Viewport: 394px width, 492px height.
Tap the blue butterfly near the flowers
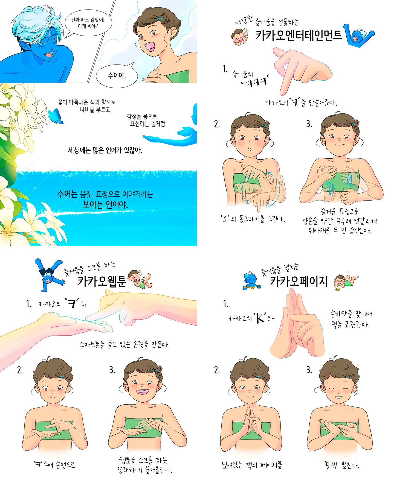56,116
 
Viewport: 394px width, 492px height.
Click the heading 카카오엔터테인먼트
299,35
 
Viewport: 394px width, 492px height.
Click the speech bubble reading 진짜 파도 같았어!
88,23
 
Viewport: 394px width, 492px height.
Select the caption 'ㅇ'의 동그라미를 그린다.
253,219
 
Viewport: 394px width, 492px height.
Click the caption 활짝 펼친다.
342,465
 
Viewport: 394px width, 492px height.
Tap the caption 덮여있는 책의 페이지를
252,465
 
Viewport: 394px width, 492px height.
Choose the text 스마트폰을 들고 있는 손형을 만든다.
124,344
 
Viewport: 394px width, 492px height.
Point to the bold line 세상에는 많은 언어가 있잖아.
105,150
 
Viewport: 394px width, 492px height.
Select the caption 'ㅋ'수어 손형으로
55,464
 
